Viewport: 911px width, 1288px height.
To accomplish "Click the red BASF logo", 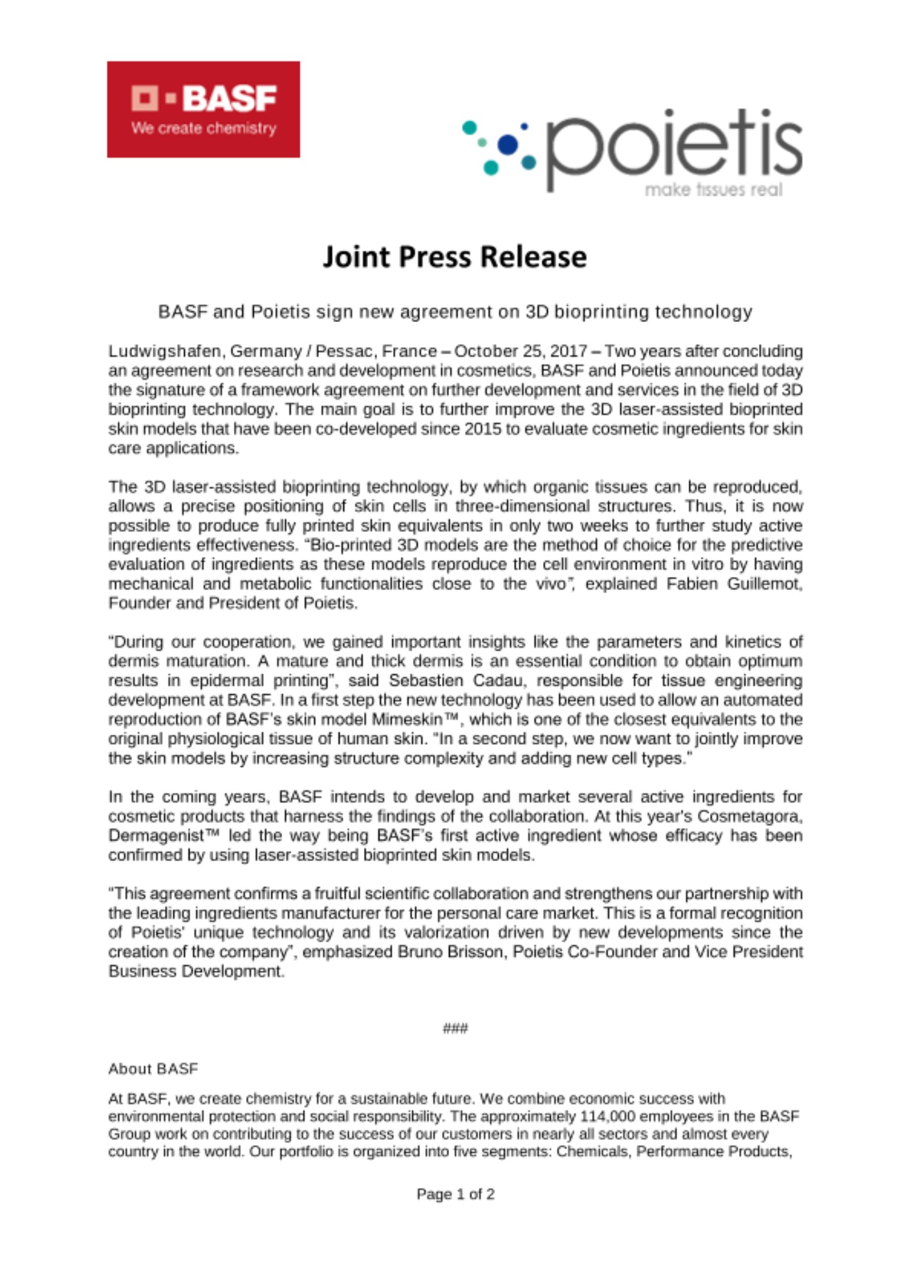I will pos(203,109).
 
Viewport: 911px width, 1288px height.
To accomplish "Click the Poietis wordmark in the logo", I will pos(674,147).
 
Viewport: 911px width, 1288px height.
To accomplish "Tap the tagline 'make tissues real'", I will pos(713,190).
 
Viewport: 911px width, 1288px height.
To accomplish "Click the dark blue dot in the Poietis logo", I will pos(508,145).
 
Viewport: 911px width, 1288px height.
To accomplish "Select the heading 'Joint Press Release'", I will pos(455,256).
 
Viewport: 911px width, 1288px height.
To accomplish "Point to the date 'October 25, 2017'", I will pos(521,351).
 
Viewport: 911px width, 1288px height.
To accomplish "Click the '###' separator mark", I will pos(455,1028).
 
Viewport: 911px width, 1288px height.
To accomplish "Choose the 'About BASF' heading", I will pos(153,1069).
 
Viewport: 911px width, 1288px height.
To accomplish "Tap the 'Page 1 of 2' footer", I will pos(455,1194).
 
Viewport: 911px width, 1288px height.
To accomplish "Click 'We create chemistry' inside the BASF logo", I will pos(204,128).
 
